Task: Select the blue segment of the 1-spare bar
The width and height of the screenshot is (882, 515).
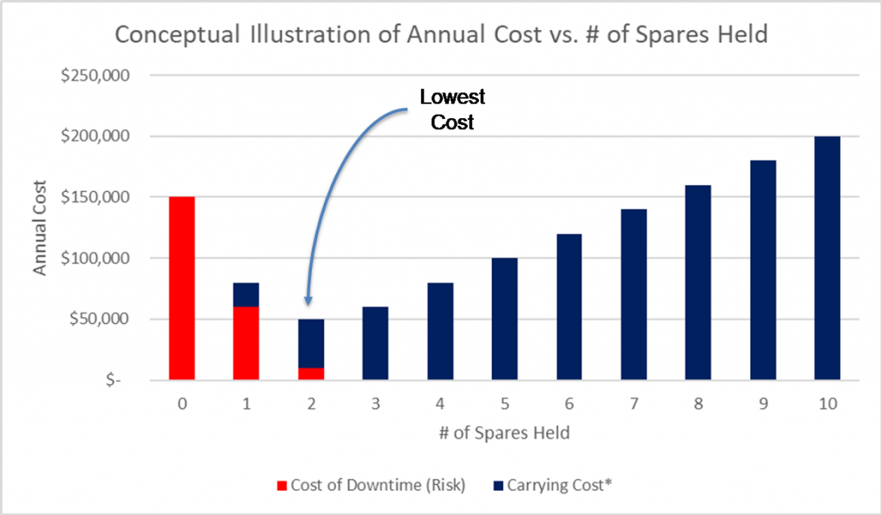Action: click(x=245, y=295)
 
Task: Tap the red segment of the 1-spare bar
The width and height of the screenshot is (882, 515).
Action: click(x=245, y=344)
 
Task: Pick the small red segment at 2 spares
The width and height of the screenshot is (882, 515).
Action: click(x=310, y=374)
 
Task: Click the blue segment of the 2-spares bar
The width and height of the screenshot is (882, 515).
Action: click(x=310, y=344)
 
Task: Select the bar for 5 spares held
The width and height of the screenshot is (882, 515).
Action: click(x=504, y=320)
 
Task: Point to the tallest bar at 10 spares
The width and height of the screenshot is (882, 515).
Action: click(x=826, y=258)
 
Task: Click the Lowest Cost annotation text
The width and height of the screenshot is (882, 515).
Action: click(x=451, y=109)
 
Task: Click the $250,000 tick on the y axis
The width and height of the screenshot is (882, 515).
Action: click(x=95, y=76)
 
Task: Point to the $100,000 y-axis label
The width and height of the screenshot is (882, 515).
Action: click(x=95, y=258)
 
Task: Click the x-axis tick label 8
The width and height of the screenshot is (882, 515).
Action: click(x=697, y=403)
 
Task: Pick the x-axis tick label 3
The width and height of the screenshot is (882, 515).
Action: click(x=375, y=403)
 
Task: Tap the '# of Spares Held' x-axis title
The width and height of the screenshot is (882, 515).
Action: click(x=504, y=433)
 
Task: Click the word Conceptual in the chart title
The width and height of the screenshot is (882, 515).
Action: click(x=176, y=35)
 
